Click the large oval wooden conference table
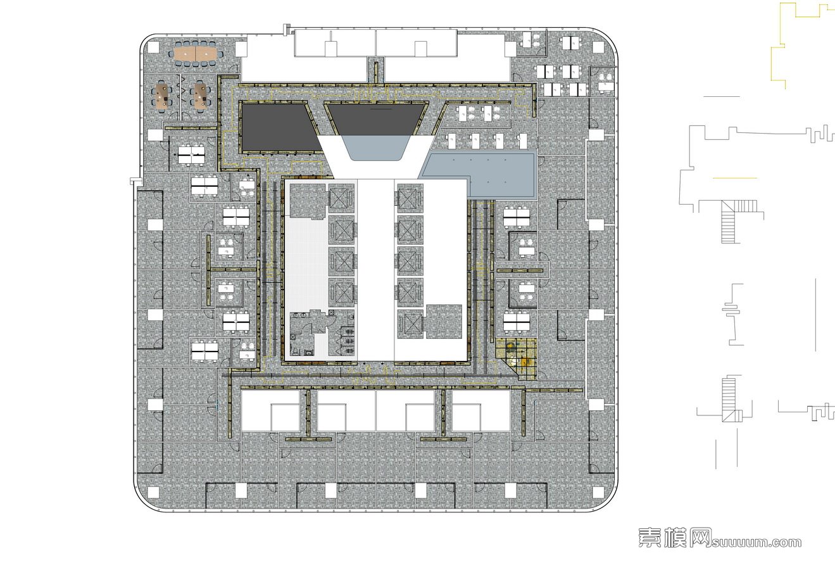tap(196, 54)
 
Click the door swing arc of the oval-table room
tap(234, 68)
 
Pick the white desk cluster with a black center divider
tap(191, 155)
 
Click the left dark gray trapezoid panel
tap(280, 127)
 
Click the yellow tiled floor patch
tap(517, 358)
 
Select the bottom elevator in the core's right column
tap(410, 323)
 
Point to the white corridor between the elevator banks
tap(376, 269)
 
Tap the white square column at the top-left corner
tap(154, 47)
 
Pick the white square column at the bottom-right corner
tap(598, 492)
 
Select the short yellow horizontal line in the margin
tap(735, 178)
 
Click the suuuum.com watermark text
tap(757, 542)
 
